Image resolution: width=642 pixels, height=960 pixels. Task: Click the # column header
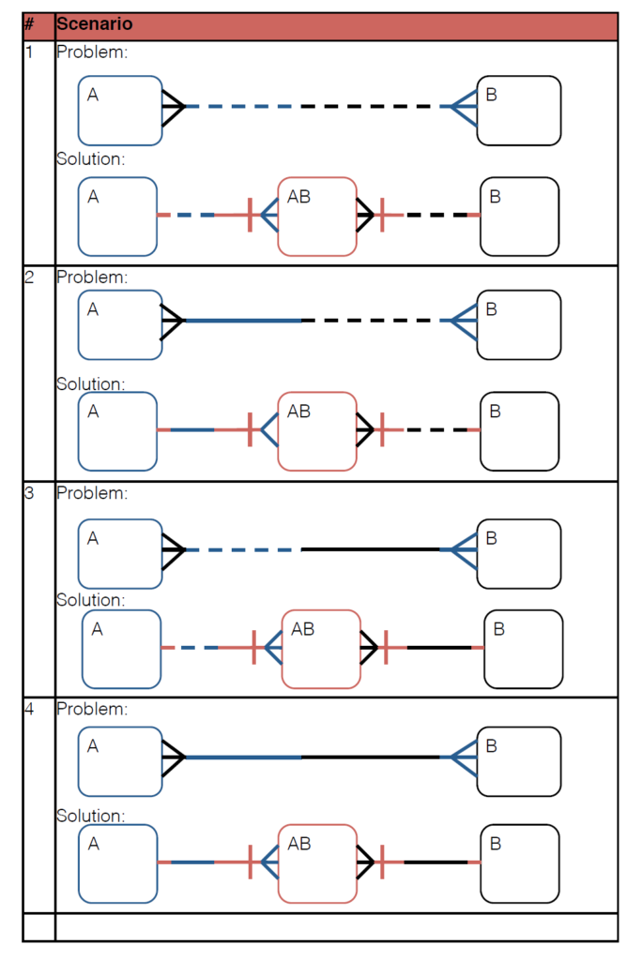[x=29, y=25]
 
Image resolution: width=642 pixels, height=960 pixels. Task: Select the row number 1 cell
[x=29, y=52]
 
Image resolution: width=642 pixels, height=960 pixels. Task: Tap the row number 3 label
[x=29, y=493]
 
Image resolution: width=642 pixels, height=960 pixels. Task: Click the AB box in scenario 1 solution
[x=317, y=216]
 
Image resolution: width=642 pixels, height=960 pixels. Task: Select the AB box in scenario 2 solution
[x=317, y=430]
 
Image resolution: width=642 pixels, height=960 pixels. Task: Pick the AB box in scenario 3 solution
[x=321, y=649]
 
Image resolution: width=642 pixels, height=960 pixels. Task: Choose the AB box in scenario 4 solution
[x=317, y=863]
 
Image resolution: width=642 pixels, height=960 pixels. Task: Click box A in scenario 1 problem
[x=120, y=111]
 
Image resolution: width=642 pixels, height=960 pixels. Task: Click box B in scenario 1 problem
[x=519, y=111]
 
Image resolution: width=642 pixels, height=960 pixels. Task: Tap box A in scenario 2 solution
[x=117, y=431]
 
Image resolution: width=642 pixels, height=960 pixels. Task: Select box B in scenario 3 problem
[x=519, y=554]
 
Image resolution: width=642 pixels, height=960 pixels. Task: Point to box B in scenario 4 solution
[x=520, y=863]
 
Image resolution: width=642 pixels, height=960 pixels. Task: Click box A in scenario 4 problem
[x=120, y=761]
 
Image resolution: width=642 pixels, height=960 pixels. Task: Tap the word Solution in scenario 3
[x=90, y=600]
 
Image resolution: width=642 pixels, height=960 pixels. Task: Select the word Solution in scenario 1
[x=90, y=159]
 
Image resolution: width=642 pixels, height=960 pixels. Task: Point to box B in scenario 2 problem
[x=519, y=324]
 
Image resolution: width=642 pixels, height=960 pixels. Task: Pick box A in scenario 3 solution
[x=121, y=649]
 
